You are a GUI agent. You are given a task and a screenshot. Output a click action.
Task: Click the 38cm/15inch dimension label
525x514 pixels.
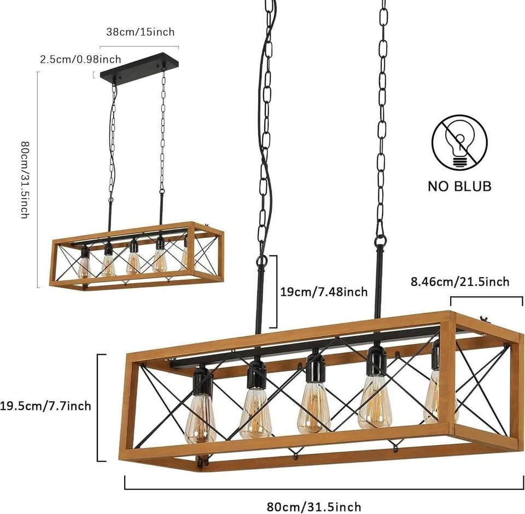pyautogui.click(x=141, y=32)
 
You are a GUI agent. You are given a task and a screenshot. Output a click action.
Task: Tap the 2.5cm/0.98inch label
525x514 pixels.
pyautogui.click(x=80, y=60)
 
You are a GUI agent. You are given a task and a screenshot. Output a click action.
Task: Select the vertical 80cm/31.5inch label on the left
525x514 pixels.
pyautogui.click(x=26, y=180)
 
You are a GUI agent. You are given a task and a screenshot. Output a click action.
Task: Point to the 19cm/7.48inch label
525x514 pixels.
pyautogui.click(x=324, y=292)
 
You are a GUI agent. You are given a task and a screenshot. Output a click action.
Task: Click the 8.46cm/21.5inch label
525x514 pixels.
pyautogui.click(x=460, y=282)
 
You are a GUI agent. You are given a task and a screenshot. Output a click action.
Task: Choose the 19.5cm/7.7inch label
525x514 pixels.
pyautogui.click(x=45, y=406)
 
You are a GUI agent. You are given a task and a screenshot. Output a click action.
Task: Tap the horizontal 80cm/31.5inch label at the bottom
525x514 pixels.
pyautogui.click(x=314, y=507)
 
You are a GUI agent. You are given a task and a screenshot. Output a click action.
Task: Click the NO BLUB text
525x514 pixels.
pyautogui.click(x=460, y=186)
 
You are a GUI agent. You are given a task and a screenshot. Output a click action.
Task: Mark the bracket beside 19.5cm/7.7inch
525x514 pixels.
pyautogui.click(x=101, y=407)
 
